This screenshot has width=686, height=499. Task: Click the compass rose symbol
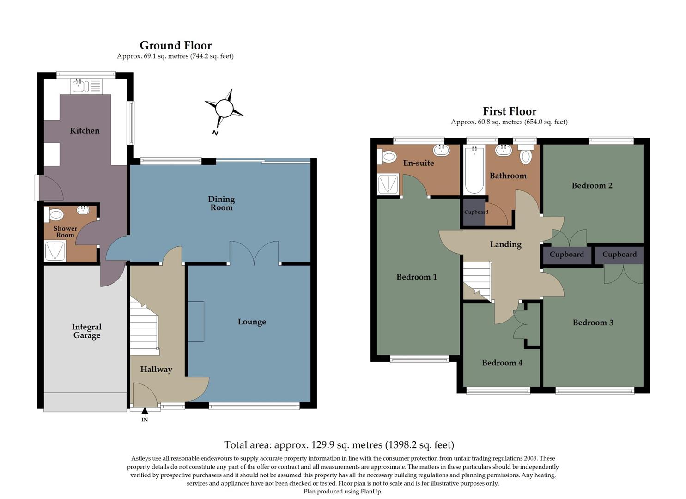click(225, 109)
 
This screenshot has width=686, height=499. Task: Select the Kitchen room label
click(85, 131)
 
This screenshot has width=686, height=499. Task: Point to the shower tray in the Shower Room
click(55, 251)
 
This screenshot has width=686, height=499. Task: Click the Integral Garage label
click(86, 331)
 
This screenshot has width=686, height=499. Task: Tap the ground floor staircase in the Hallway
click(144, 328)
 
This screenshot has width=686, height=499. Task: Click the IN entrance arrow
click(145, 411)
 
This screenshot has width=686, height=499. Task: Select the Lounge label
click(252, 322)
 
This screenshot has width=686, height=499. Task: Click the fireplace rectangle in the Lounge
click(196, 322)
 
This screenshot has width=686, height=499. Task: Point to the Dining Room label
click(221, 203)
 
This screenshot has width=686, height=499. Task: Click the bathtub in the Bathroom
click(474, 170)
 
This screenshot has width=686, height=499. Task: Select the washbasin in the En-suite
click(441, 150)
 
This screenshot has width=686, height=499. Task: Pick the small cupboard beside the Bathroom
click(474, 212)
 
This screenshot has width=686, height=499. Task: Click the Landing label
click(505, 244)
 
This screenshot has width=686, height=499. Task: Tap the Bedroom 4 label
click(502, 363)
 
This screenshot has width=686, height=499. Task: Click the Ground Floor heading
click(176, 45)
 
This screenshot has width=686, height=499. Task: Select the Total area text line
click(339, 445)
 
